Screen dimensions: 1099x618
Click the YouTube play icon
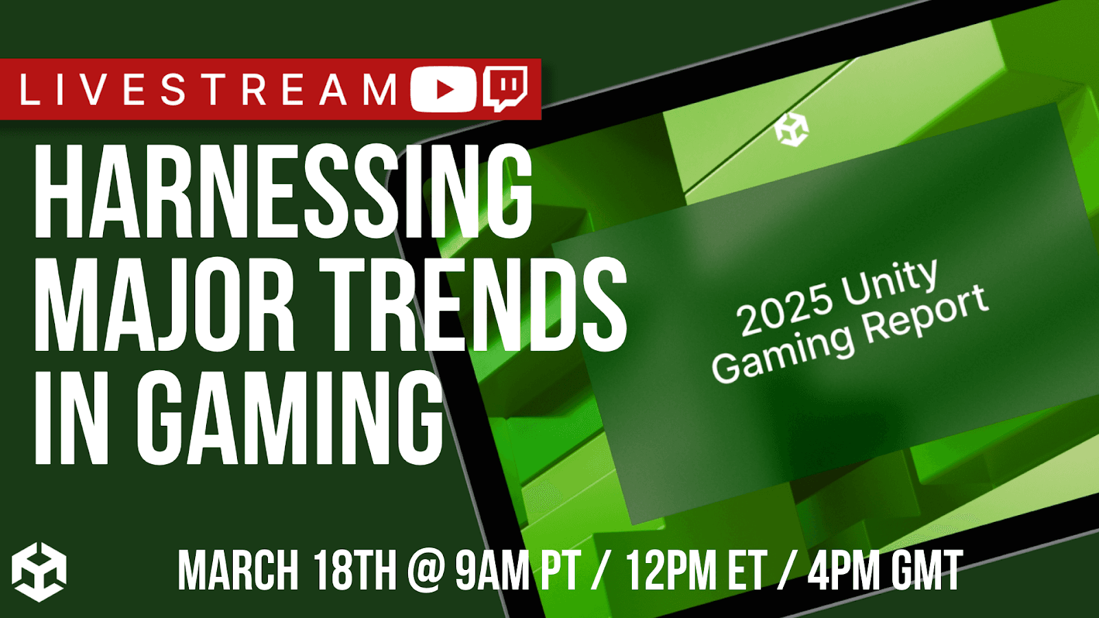(x=444, y=89)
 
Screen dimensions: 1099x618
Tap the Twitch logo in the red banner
(x=506, y=89)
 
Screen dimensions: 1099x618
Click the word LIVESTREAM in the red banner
(x=209, y=89)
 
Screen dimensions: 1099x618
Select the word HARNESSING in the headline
(x=283, y=191)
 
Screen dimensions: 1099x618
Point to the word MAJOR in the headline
(x=164, y=305)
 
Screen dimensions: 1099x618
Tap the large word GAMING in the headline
(x=290, y=417)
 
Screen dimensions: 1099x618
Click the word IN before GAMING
(x=71, y=417)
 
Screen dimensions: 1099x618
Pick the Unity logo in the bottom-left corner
(x=39, y=572)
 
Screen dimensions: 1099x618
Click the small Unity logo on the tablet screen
(x=791, y=129)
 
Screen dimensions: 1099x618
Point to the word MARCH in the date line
(x=238, y=570)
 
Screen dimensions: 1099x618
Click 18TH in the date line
(x=354, y=570)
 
